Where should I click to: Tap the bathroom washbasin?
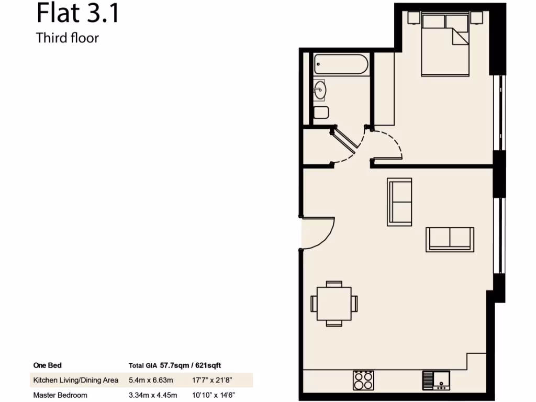point(320,90)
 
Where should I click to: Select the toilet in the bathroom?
point(321,113)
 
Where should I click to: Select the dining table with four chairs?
point(334,303)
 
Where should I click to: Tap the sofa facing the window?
point(450,239)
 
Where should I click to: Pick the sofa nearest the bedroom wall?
point(399,202)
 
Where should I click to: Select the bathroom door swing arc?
point(348,152)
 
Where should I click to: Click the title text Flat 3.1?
point(78,14)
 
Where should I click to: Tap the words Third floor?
point(67,38)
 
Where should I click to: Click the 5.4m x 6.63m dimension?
point(151,380)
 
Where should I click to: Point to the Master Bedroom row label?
point(60,395)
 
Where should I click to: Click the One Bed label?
point(47,365)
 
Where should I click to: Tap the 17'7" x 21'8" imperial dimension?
point(210,380)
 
